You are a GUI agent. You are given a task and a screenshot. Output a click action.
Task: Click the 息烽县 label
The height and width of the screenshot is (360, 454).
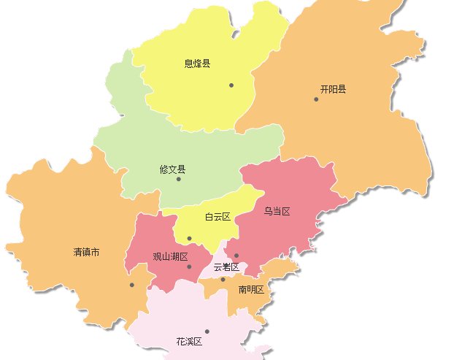197,64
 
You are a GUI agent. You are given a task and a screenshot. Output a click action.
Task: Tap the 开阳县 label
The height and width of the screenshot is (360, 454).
333,90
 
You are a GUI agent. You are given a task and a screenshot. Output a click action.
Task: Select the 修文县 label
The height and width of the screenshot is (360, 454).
173,169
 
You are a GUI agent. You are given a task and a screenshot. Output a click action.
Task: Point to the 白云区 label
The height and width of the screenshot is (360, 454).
218,217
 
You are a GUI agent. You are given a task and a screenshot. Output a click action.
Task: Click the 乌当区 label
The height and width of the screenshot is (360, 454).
277,212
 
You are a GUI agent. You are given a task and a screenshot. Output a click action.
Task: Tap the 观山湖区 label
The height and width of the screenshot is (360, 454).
170,257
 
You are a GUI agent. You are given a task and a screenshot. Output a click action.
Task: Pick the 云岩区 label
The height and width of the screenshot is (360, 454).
226,267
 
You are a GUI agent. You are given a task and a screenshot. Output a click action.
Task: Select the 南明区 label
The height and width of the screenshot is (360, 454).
251,290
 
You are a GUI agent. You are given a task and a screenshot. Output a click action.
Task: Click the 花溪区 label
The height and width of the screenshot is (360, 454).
188,341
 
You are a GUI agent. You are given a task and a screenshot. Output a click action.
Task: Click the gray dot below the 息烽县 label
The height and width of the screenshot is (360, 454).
231,85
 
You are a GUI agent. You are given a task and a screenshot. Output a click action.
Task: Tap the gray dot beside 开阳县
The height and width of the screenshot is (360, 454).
316,99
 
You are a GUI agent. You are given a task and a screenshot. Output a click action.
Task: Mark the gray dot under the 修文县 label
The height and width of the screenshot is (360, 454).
178,179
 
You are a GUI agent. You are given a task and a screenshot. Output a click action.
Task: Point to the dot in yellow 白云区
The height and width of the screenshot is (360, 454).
189,238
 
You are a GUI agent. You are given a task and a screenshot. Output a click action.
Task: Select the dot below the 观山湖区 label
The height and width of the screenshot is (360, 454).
189,267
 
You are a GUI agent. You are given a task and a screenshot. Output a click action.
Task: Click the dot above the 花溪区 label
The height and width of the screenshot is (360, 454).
207,332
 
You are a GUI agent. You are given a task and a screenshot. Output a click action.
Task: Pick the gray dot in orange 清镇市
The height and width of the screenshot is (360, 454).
131,285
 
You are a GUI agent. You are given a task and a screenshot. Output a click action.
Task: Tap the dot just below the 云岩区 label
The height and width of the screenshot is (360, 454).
223,279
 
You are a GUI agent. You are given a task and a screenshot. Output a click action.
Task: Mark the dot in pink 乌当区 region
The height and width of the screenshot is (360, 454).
236,256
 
